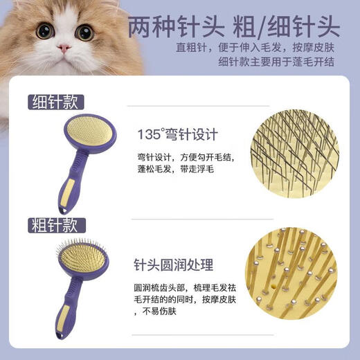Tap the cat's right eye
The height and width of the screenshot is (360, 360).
[x=84, y=32]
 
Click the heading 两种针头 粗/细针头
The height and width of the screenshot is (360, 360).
[x=233, y=27]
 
